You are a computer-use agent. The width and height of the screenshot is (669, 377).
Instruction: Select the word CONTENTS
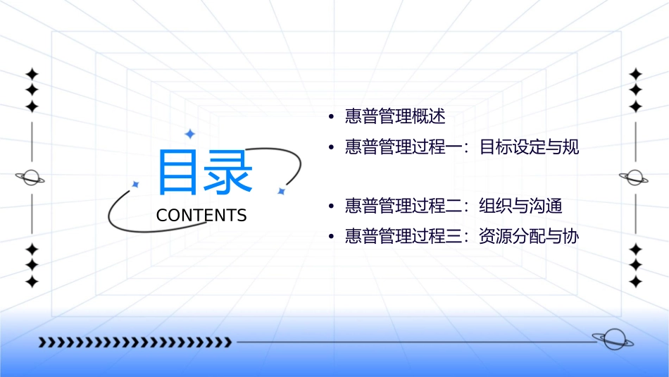(201, 215)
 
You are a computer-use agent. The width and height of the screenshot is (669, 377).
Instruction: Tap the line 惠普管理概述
(395, 116)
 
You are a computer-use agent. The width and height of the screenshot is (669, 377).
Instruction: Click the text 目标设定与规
(529, 147)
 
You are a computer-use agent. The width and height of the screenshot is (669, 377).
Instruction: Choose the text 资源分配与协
(529, 237)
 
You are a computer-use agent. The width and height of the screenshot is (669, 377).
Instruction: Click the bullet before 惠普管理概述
(330, 117)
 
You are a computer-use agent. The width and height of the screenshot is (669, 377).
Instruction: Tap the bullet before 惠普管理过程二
(330, 207)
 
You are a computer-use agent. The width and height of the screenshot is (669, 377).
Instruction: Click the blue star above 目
(189, 134)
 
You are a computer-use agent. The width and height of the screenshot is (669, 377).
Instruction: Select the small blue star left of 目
(135, 185)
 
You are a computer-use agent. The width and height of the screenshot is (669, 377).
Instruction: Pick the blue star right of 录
(281, 191)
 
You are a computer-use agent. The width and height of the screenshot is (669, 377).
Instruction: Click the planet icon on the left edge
(31, 178)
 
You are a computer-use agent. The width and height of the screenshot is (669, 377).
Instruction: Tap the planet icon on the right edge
(634, 178)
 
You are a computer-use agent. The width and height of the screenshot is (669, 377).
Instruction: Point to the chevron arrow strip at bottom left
(134, 342)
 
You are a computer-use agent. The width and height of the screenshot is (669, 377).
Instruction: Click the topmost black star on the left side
(32, 73)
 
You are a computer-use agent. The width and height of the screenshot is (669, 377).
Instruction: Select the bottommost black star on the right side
(636, 282)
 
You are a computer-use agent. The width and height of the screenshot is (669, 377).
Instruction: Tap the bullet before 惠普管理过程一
(330, 148)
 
